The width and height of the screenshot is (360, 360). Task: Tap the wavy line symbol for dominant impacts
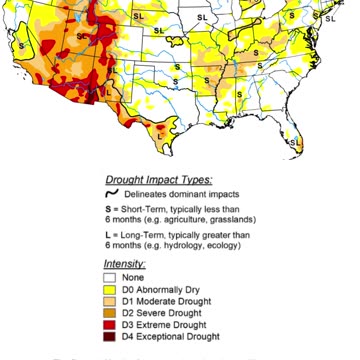pyautogui.click(x=112, y=193)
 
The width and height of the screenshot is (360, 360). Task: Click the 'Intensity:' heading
pyautogui.click(x=126, y=264)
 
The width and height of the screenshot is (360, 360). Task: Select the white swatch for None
pyautogui.click(x=111, y=277)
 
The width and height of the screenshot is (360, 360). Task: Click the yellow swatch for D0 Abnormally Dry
pyautogui.click(x=111, y=289)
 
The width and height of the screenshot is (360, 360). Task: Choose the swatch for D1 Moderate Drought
pyautogui.click(x=111, y=301)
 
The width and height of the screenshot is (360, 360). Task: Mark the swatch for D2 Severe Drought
pyautogui.click(x=111, y=313)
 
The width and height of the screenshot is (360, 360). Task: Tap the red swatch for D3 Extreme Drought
pyautogui.click(x=111, y=325)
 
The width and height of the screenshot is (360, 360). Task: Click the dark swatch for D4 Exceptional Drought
pyautogui.click(x=111, y=337)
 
